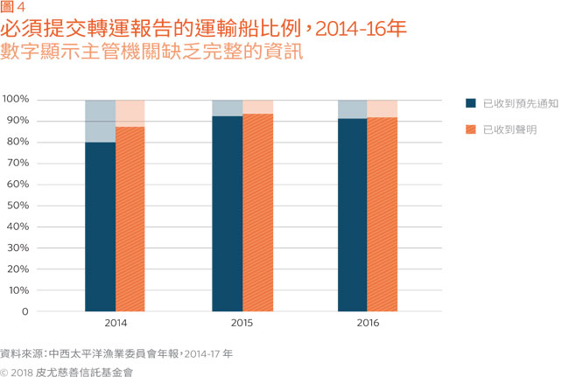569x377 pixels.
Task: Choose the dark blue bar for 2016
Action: click(353, 214)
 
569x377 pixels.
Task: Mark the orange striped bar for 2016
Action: click(383, 213)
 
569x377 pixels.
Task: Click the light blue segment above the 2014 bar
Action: click(100, 121)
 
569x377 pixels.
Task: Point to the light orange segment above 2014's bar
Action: click(130, 113)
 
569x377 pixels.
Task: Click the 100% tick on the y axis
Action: click(17, 100)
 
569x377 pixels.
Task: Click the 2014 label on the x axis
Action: click(115, 324)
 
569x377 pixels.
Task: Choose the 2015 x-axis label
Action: click(242, 324)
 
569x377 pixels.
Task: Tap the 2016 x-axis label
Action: click(368, 324)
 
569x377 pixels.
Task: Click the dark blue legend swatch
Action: click(470, 103)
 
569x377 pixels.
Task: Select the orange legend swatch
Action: click(470, 129)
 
